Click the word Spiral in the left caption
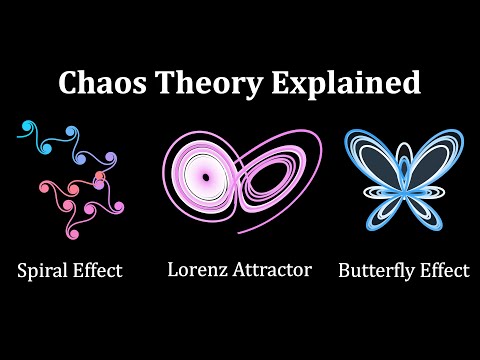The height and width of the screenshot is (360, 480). coord(41,270)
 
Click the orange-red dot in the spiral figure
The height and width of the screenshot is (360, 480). coord(99,178)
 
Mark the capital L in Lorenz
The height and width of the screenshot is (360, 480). coord(171,269)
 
